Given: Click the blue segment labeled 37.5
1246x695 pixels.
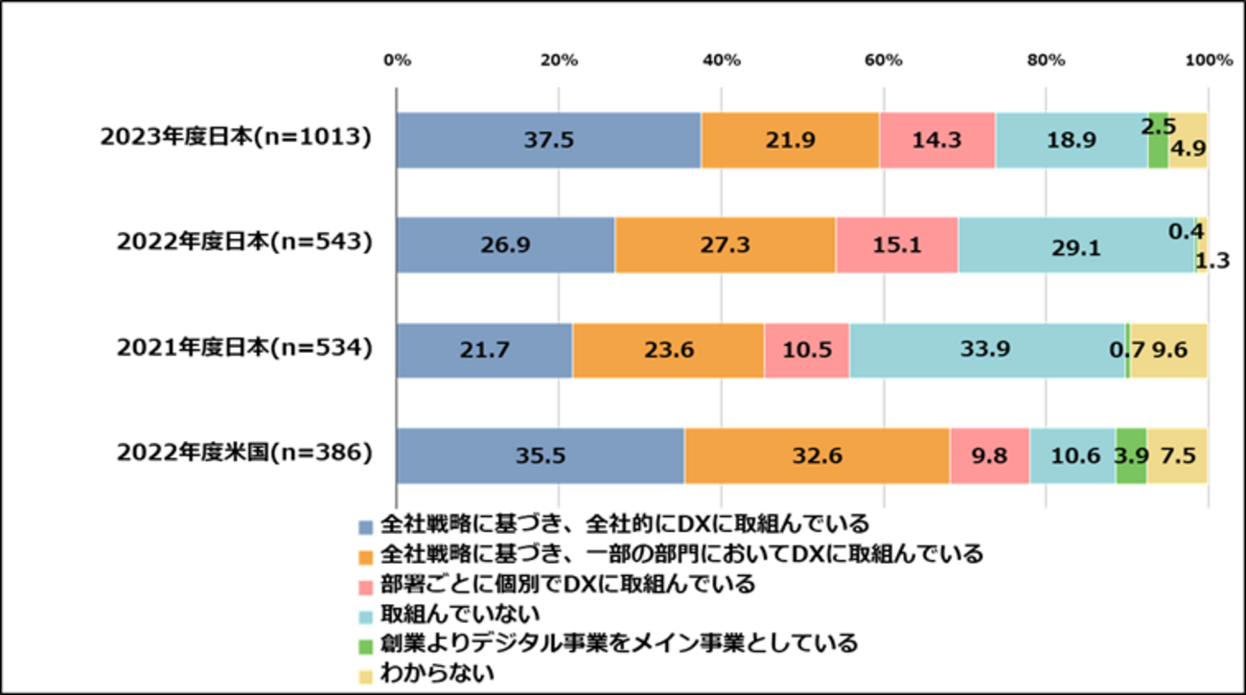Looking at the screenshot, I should coord(548,140).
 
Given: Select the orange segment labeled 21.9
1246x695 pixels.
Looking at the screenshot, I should coord(790,140).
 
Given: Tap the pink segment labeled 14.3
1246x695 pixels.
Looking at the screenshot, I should coord(937,140).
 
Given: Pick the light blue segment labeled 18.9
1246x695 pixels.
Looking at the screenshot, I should coord(1072,140).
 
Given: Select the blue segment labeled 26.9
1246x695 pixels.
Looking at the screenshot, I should coord(506,245).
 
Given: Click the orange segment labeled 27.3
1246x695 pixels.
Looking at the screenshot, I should coord(725,245).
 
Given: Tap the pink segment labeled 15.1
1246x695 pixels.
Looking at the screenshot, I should coord(896,245).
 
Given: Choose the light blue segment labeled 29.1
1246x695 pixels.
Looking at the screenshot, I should coord(1075,245).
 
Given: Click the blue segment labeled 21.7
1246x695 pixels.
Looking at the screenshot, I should coord(485,351).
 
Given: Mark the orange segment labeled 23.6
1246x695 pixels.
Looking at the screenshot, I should coord(668,351).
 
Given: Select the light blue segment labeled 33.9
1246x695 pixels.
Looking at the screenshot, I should coord(987,351).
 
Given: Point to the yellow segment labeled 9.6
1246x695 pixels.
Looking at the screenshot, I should coord(1169,351).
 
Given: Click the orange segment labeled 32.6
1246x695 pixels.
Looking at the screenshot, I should coord(817,456).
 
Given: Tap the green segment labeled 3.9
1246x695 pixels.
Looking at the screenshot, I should coord(1131,456).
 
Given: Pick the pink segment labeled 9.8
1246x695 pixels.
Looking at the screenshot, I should coord(990,456).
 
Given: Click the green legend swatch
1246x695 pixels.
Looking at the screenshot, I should coord(366,647).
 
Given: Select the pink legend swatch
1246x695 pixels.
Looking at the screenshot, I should coord(366,588).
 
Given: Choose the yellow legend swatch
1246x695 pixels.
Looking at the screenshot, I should coord(366,678).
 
